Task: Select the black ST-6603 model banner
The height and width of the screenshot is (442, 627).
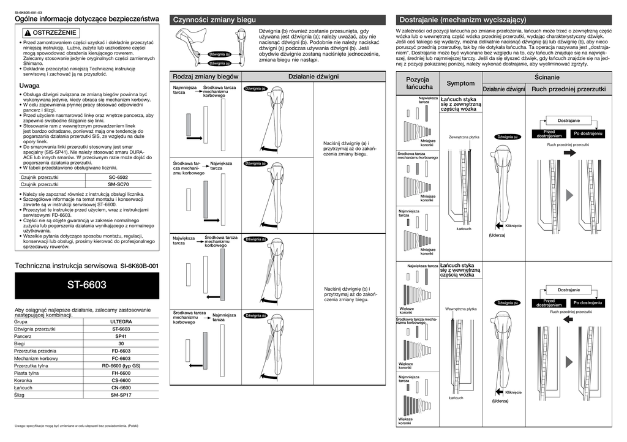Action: tap(86, 285)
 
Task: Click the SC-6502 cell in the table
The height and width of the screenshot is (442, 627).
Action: tap(118, 177)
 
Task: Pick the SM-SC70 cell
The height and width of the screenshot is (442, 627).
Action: tap(118, 184)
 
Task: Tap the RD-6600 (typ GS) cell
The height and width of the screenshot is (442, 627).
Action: tap(121, 365)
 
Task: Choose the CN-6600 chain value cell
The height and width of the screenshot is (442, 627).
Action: tap(121, 388)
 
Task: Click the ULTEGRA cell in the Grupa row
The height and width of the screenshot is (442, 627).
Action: tap(121, 321)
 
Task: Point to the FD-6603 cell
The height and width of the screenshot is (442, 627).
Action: tap(121, 351)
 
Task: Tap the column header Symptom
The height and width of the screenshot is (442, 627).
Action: tap(460, 83)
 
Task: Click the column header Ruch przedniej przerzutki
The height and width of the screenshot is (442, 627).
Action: tap(569, 89)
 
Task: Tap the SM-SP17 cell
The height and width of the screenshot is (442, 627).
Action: tap(121, 395)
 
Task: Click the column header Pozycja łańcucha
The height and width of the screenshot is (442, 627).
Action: tap(417, 83)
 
